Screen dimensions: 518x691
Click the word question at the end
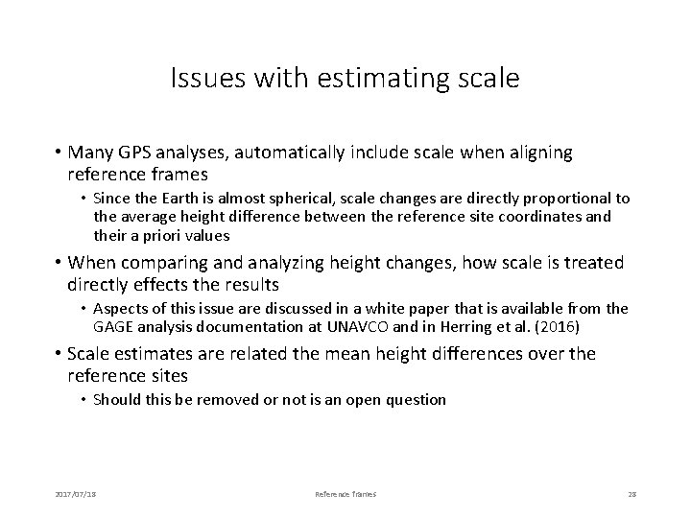415,399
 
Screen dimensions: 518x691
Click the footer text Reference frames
345,493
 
